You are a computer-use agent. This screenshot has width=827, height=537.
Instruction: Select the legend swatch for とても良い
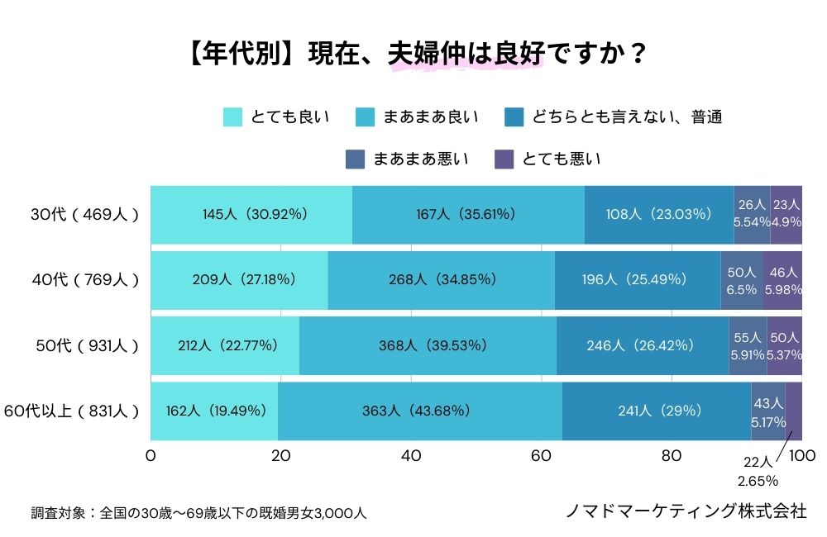[x=232, y=117]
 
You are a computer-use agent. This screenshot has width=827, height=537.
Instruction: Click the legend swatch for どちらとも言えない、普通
[x=513, y=117]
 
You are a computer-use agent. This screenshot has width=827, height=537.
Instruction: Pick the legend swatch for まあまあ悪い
[x=355, y=159]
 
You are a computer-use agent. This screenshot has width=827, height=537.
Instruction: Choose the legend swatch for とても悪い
[x=504, y=159]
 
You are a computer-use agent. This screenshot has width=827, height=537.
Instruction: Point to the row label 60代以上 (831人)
[x=72, y=411]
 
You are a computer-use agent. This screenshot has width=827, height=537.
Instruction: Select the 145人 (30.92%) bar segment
[x=251, y=214]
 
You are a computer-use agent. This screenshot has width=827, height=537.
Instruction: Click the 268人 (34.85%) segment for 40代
[x=442, y=279]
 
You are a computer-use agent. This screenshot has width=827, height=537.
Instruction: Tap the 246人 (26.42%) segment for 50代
[x=642, y=345]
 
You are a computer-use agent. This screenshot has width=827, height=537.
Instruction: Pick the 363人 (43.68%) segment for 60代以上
[x=420, y=411]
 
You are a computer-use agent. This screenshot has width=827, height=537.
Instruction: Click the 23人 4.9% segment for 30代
[x=786, y=214]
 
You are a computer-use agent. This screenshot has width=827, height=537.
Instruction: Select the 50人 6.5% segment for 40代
[x=742, y=279]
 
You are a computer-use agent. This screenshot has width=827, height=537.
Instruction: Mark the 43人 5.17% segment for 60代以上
[x=767, y=411]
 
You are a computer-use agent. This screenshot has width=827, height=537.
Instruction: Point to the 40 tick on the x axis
[x=411, y=456]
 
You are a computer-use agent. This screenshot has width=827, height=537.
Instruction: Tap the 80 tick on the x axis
[x=672, y=456]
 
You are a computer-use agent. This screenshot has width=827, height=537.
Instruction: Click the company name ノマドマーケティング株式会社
[x=686, y=511]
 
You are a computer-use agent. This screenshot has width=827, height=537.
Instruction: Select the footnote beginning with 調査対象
[x=198, y=513]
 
